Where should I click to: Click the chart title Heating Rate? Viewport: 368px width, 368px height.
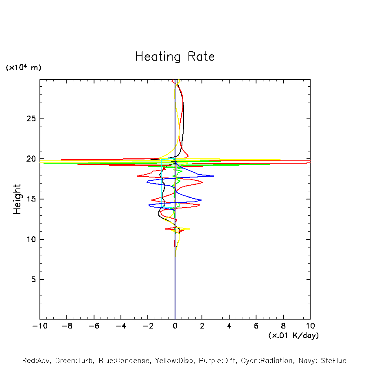(x=175, y=57)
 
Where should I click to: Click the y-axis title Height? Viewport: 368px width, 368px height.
(x=17, y=199)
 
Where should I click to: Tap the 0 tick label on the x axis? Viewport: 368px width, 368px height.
(x=175, y=326)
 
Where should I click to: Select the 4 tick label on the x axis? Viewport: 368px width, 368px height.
(x=229, y=326)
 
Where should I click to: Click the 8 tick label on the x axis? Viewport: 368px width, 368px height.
(x=283, y=326)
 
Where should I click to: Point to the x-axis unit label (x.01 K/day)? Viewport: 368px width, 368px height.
(x=293, y=335)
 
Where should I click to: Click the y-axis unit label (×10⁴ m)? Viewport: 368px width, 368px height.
(x=23, y=68)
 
